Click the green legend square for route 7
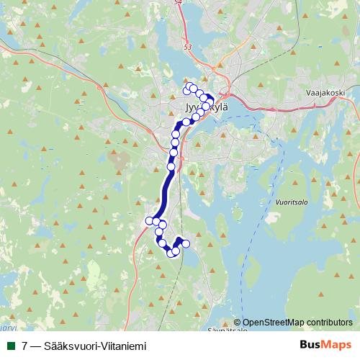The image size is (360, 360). pyautogui.click(x=10, y=346)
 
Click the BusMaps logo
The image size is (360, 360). pyautogui.click(x=325, y=346)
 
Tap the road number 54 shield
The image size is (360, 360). pyautogui.click(x=179, y=4)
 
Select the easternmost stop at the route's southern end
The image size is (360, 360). pyautogui.click(x=186, y=243)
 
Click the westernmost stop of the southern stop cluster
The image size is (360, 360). pyautogui.click(x=150, y=220)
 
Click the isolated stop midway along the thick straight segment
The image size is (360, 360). pyautogui.click(x=171, y=167)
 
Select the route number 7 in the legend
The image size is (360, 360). pyautogui.click(x=25, y=346)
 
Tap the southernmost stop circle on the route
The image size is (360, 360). pyautogui.click(x=171, y=253)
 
